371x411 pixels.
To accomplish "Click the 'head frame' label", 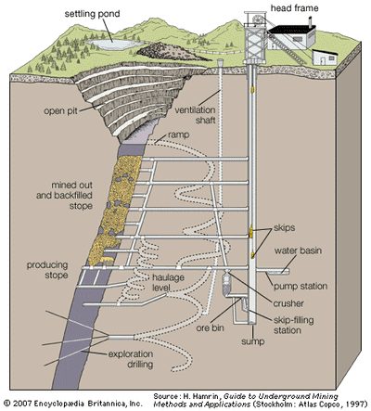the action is (x=294, y=7).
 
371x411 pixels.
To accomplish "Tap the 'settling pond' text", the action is (x=92, y=14).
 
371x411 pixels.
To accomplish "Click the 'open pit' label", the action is (x=60, y=110).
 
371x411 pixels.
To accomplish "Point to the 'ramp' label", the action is (x=179, y=135).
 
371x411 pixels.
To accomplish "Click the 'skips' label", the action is (x=284, y=228).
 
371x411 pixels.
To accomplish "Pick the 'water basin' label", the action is (x=298, y=250).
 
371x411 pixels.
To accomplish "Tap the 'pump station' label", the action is (x=301, y=286).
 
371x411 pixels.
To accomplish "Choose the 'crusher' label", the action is (x=288, y=303).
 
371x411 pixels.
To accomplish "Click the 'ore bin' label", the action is (x=210, y=328).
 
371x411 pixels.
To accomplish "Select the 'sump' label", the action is (x=252, y=341).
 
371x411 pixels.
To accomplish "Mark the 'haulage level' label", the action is (x=168, y=282).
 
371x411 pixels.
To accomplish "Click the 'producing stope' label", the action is (x=47, y=270).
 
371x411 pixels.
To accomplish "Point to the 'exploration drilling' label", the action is (x=131, y=359).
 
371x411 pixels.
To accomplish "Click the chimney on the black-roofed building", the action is (x=310, y=21).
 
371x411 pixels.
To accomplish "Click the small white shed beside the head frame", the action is (x=325, y=57).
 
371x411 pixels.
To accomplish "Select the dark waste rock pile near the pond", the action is (x=170, y=51).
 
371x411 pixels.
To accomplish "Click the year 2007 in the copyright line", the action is (x=22, y=404).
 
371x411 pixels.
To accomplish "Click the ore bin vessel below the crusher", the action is (x=226, y=284).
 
